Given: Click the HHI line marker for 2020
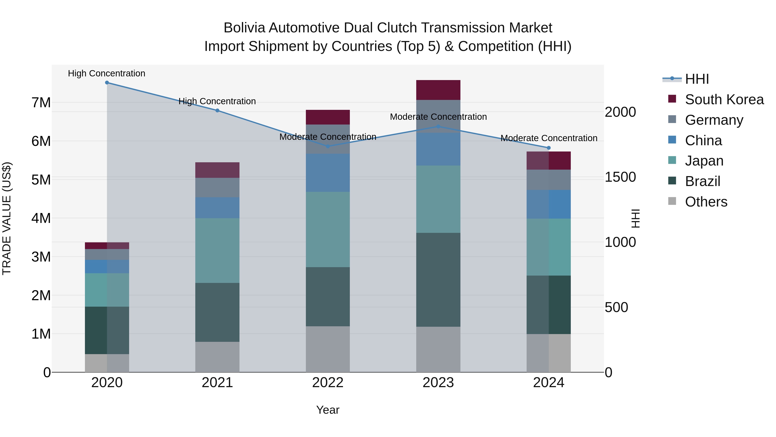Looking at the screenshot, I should click(x=107, y=83).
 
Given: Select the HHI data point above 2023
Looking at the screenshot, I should click(x=438, y=127).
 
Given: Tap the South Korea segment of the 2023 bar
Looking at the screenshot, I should click(x=438, y=90).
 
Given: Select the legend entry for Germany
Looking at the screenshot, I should click(x=714, y=120).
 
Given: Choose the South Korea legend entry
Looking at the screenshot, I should click(x=724, y=99).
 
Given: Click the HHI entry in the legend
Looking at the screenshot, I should click(x=697, y=79).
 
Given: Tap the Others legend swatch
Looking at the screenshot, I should click(x=672, y=201).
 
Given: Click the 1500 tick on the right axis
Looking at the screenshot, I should click(x=620, y=177).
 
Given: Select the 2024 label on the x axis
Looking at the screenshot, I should click(x=549, y=383).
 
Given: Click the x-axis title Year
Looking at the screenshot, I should click(x=328, y=410).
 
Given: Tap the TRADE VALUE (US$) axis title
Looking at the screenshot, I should click(x=7, y=218).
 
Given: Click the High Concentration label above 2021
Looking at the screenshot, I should click(x=217, y=101).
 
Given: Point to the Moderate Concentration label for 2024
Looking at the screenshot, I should click(x=549, y=138).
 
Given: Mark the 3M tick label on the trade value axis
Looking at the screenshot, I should click(x=41, y=257).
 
